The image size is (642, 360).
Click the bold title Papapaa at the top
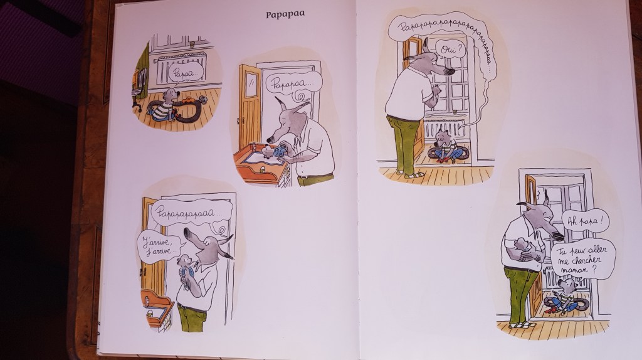pos(285,14)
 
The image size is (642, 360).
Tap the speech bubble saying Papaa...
pos(186,73)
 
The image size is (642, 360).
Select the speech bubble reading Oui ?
pos(448,50)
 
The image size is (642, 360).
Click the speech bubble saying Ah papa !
pos(585,221)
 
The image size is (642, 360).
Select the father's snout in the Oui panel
pos(443,70)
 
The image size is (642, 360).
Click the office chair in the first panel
pos(138,88)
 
